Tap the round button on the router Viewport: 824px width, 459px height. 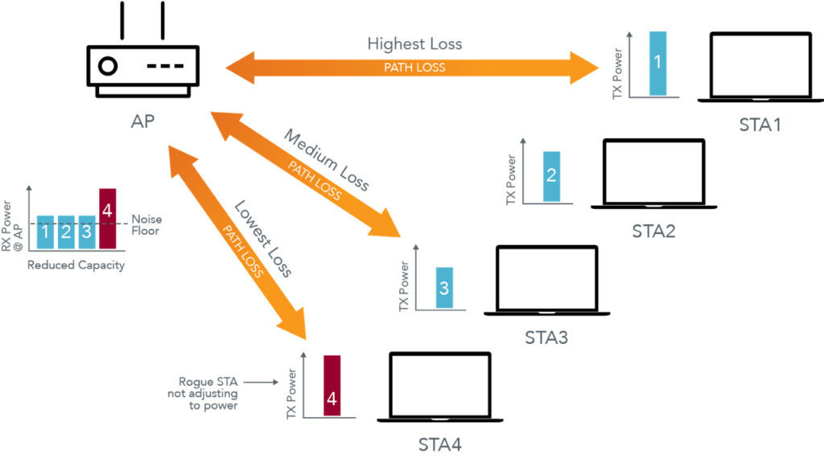point(109,66)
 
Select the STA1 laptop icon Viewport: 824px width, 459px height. point(760,67)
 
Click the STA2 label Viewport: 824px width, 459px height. point(653,231)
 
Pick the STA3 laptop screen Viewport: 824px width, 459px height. point(546,278)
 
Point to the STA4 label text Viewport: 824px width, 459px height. point(440,445)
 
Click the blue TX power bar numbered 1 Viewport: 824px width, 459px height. point(658,64)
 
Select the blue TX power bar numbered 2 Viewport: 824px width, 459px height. point(551,177)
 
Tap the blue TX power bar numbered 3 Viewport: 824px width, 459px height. point(444,288)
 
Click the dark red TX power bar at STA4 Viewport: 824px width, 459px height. point(332,386)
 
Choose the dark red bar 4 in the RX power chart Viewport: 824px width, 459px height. point(107,219)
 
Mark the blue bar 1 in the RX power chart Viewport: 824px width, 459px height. point(45,232)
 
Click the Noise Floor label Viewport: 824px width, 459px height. point(146,225)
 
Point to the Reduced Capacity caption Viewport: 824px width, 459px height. point(76,265)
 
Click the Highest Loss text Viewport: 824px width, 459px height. point(414,43)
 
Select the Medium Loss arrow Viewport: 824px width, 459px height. point(306,174)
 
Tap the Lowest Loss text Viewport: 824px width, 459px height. point(263,239)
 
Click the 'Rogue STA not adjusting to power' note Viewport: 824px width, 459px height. point(203,393)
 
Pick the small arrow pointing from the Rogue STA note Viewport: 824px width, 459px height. point(262,383)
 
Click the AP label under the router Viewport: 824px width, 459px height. point(142,121)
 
